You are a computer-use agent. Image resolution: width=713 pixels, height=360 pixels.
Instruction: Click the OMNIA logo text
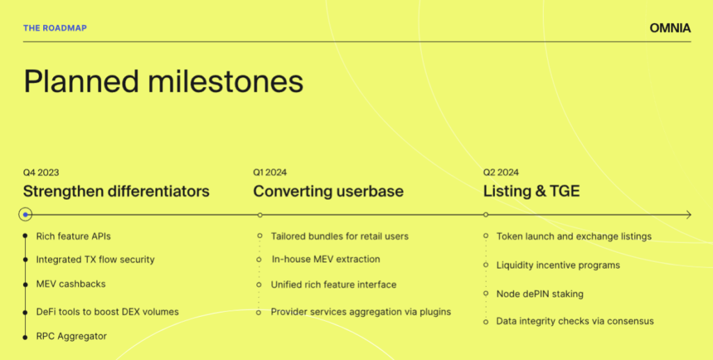click(x=670, y=28)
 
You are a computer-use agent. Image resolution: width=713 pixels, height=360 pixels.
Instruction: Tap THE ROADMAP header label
click(x=55, y=28)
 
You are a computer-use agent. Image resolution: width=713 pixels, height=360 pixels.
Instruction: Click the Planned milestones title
click(x=163, y=82)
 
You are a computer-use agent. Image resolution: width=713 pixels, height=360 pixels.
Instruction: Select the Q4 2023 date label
click(x=41, y=172)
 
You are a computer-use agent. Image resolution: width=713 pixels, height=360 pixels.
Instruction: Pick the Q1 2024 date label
click(x=270, y=172)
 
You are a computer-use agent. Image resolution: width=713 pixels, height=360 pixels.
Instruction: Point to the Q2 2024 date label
click(x=501, y=172)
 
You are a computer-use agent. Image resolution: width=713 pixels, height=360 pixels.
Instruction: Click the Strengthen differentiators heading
click(x=116, y=191)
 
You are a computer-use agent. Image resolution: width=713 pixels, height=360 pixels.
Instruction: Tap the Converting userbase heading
click(x=329, y=191)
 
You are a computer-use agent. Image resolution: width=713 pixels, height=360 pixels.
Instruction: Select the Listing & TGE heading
click(x=531, y=191)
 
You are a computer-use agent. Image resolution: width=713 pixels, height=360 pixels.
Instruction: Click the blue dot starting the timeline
click(x=26, y=215)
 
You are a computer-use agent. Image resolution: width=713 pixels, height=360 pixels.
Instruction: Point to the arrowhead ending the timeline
click(x=689, y=214)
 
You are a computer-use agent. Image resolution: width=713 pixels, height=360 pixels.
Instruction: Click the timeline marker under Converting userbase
click(x=260, y=215)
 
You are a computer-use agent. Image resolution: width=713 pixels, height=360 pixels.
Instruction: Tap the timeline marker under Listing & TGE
click(x=485, y=214)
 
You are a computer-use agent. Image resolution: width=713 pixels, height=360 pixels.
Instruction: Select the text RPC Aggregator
click(x=72, y=336)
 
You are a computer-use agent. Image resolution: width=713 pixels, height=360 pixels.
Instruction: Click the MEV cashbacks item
click(x=71, y=284)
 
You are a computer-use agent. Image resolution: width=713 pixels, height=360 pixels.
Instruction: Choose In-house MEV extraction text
click(x=326, y=260)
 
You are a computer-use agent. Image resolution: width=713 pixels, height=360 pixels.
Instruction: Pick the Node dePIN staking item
click(x=540, y=294)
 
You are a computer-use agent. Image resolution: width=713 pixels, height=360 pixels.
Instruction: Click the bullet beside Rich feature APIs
click(x=25, y=236)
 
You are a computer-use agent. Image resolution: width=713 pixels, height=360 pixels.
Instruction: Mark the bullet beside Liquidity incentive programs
click(x=485, y=265)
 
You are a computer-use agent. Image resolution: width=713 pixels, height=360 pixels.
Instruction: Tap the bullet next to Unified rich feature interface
click(x=259, y=285)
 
